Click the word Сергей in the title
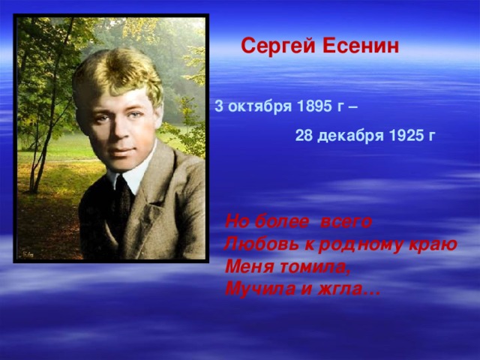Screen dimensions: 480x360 pyautogui.click(x=278, y=46)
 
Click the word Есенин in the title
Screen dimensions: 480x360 pyautogui.click(x=361, y=46)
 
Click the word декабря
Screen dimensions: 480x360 pyautogui.click(x=350, y=136)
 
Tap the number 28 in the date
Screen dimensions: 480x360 pyautogui.click(x=304, y=136)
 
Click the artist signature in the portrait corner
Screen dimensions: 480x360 pyautogui.click(x=28, y=254)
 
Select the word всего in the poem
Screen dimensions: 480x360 pyautogui.click(x=346, y=222)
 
